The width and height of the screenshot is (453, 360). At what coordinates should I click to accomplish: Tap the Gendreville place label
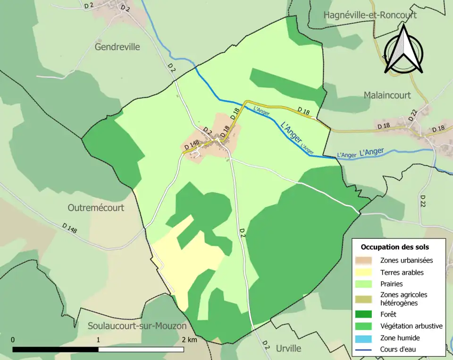[x=117, y=47]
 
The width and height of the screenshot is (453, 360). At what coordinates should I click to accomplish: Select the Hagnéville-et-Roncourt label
[x=370, y=15]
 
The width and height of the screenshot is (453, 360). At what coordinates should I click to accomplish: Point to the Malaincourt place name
[x=387, y=95]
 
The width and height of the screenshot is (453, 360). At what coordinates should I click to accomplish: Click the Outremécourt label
[x=96, y=208]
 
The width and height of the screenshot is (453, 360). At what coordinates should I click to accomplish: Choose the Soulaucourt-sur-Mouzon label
[x=137, y=326]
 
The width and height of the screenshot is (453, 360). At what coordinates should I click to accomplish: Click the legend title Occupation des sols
[x=394, y=247]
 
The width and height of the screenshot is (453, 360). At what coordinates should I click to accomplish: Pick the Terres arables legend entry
[x=402, y=272]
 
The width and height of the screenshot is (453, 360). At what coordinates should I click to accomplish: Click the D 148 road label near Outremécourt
[x=69, y=228]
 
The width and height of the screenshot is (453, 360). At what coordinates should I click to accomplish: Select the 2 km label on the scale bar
[x=189, y=340]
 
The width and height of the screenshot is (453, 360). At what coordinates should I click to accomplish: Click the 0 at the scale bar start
[x=13, y=340]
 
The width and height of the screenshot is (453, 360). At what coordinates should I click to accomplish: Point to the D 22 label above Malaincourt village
[x=413, y=114]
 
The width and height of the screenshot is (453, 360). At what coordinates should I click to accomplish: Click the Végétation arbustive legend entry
[x=411, y=326]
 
